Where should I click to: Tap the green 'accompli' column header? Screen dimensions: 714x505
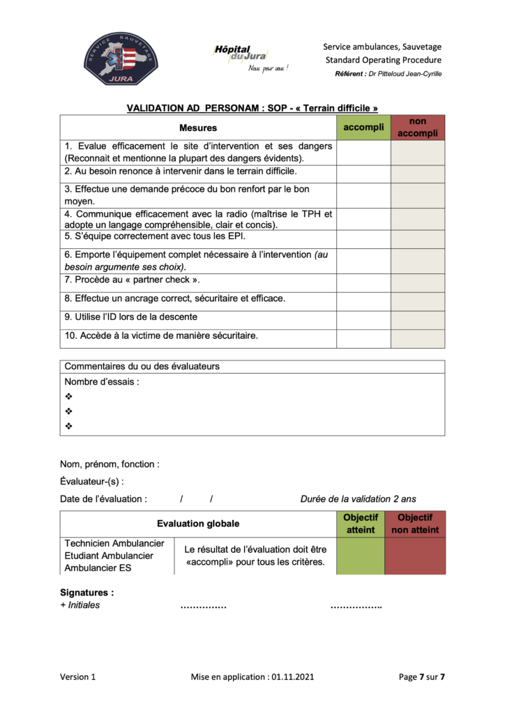pos(363,127)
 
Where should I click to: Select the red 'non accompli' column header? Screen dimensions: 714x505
pos(417,127)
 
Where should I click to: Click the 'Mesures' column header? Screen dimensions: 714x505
pos(198,128)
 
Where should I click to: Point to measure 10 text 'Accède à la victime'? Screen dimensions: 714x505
pos(161,335)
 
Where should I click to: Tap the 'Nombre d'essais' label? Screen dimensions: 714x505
pos(102,381)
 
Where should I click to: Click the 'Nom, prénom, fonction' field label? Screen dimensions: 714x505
pos(110,464)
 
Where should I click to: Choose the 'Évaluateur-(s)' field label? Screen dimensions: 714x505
pos(92,481)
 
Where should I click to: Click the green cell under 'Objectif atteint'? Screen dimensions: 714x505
pos(360,556)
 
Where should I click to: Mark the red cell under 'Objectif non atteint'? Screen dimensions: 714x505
pos(414,556)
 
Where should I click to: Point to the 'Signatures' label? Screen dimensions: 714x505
pos(87,593)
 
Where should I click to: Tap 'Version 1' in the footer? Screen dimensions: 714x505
pos(77,676)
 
